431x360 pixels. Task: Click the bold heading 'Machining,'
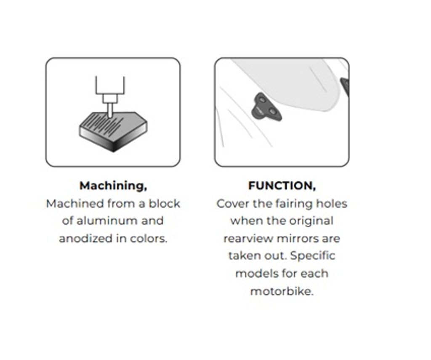coord(113,186)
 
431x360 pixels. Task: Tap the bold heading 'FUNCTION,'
coord(282,186)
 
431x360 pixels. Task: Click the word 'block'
coord(165,204)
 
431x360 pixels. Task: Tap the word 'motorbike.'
coord(282,291)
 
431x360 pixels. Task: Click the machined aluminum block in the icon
coord(113,131)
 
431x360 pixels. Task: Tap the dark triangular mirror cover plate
coord(266,107)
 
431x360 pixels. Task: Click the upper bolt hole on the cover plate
coord(262,99)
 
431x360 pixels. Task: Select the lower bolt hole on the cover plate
coord(272,112)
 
